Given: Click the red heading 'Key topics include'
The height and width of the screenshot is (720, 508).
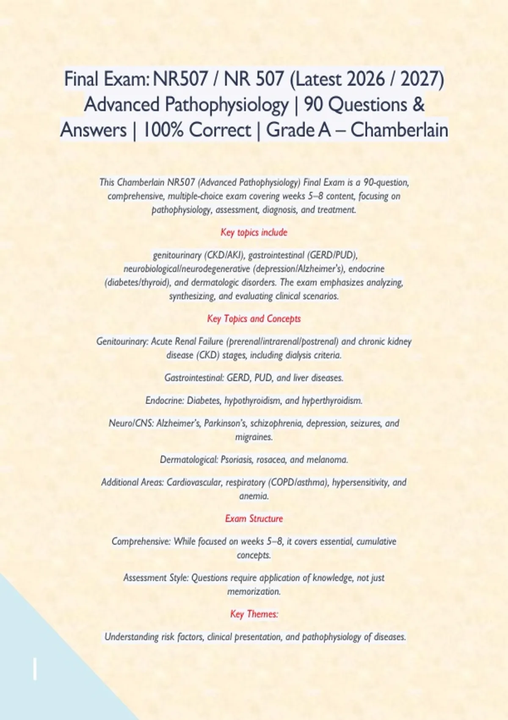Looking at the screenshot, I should click(254, 232).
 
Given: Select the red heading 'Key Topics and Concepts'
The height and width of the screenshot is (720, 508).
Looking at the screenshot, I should click(254, 318).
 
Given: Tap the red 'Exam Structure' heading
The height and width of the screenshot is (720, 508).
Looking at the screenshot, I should click(254, 518).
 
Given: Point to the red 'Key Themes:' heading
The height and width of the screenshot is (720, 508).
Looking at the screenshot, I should click(254, 614).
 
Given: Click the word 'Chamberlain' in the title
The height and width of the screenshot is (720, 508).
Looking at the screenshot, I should click(399, 130).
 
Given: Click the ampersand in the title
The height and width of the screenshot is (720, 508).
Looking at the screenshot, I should click(418, 104).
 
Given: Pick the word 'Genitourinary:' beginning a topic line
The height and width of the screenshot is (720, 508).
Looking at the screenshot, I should click(122, 341).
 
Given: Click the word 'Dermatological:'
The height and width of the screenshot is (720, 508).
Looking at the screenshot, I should click(188, 460).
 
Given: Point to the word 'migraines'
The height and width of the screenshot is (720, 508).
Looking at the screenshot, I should click(254, 437).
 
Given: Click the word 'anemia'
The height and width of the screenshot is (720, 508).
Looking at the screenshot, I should click(254, 496).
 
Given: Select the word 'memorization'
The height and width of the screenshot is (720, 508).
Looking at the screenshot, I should click(254, 591).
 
